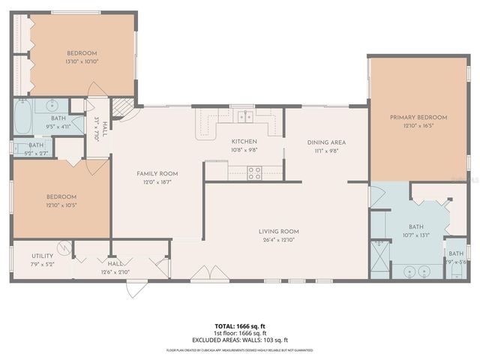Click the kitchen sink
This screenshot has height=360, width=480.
[x=242, y=115]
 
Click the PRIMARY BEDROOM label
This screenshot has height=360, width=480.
[x=418, y=118]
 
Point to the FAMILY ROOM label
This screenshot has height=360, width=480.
[x=155, y=173]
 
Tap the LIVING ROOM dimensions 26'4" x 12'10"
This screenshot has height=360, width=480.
[x=279, y=241]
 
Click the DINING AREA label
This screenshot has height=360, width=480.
[x=326, y=142]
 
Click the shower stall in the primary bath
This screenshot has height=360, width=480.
[x=382, y=258]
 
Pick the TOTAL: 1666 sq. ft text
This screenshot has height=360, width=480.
[x=240, y=325]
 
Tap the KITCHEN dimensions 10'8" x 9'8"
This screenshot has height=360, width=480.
[x=244, y=150]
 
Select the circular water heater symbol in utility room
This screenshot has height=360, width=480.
[x=64, y=246]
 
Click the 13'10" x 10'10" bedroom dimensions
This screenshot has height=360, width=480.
[x=83, y=61]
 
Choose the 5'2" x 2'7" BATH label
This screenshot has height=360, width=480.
[x=36, y=145]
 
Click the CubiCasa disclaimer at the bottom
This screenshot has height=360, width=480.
[x=240, y=350]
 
